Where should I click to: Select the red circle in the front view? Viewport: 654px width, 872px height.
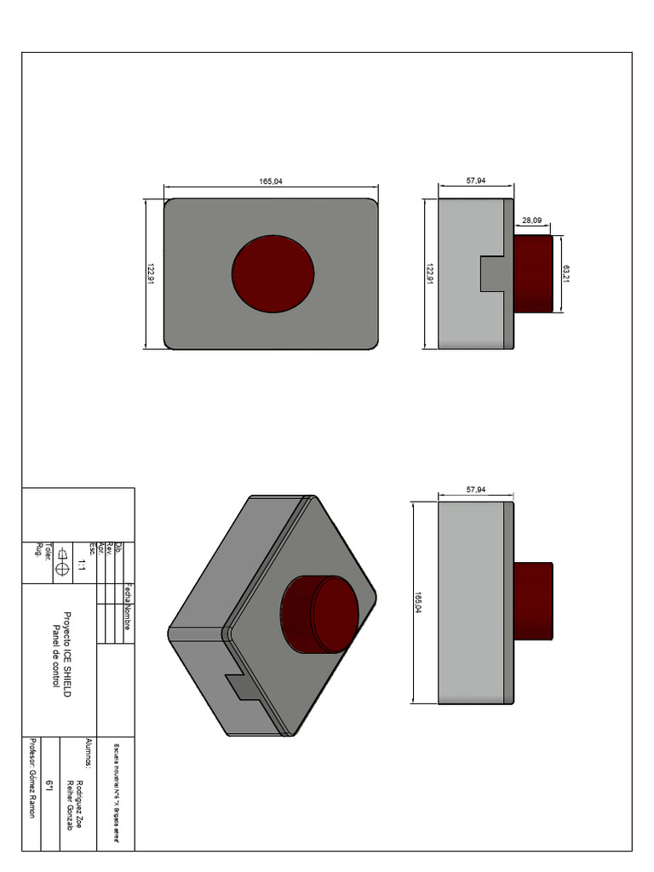(x=273, y=273)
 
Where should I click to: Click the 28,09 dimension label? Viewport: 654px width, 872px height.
(x=532, y=221)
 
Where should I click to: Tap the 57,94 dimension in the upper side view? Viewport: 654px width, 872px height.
(x=475, y=181)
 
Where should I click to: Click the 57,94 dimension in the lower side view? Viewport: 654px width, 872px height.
(x=475, y=490)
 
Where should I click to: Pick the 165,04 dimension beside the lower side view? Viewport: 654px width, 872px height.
(x=418, y=602)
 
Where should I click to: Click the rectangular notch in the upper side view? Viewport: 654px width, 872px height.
(x=496, y=273)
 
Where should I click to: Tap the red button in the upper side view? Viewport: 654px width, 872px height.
(x=533, y=273)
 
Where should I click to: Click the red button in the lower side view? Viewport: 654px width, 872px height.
(x=533, y=601)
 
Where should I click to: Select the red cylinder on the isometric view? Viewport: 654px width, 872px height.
(x=321, y=615)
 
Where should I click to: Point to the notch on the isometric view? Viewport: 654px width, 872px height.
(x=241, y=684)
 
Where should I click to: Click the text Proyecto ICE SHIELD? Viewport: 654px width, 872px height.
(x=67, y=655)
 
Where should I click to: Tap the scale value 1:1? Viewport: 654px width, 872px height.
(x=82, y=564)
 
